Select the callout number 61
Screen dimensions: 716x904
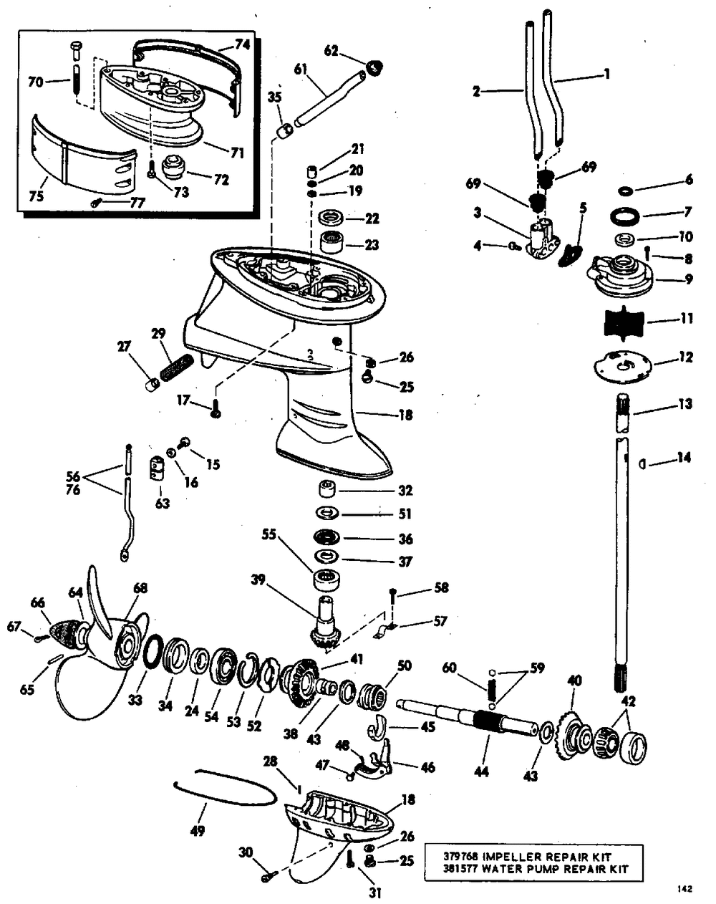[x=301, y=69]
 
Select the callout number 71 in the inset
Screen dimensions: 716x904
[x=238, y=153]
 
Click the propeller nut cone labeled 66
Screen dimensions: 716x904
[x=64, y=630]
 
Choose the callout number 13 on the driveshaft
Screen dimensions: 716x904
[x=684, y=404]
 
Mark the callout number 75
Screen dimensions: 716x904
[x=37, y=196]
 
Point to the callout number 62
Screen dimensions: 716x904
[x=332, y=51]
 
